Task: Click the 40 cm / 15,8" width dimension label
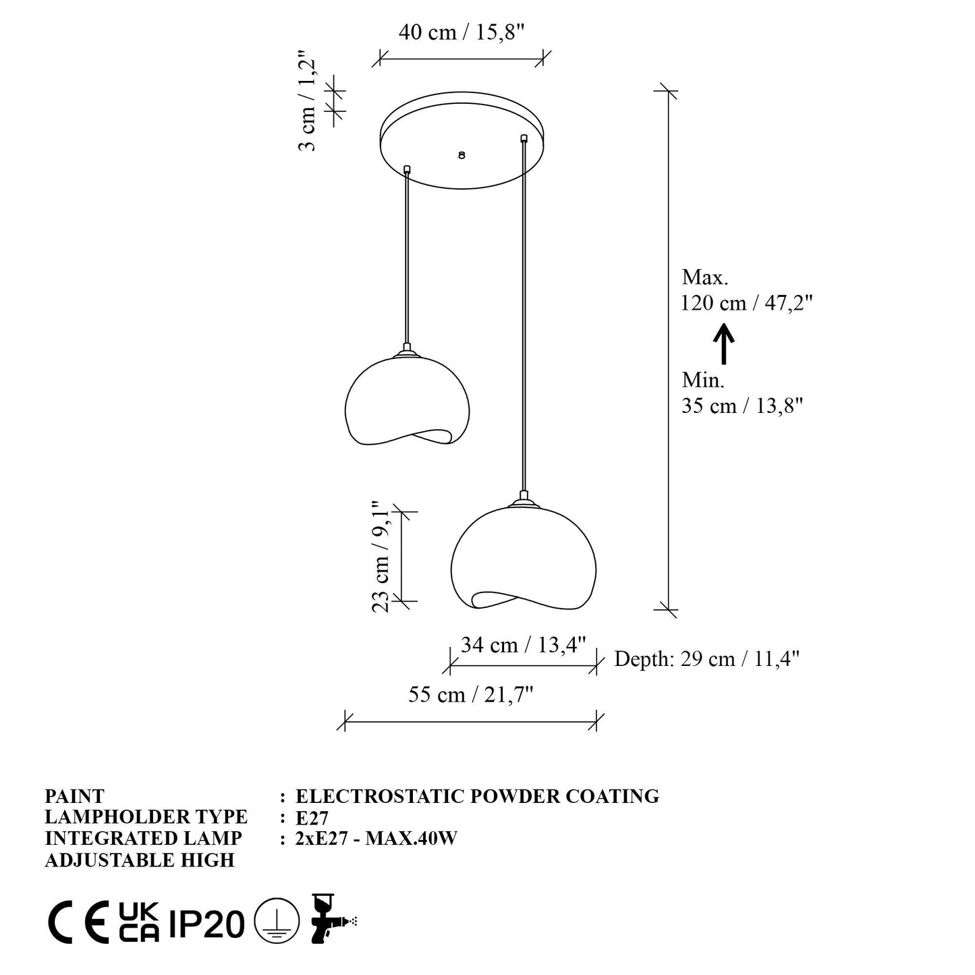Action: (x=462, y=32)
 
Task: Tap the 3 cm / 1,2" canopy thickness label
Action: (x=307, y=101)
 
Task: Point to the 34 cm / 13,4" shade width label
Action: (x=523, y=644)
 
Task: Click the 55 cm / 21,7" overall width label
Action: (x=471, y=694)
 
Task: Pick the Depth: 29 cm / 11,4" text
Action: (x=707, y=659)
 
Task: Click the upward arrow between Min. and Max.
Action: (x=724, y=344)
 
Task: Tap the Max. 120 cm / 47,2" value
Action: (x=746, y=290)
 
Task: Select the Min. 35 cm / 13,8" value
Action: (x=742, y=393)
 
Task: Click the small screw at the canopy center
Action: (x=462, y=155)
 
